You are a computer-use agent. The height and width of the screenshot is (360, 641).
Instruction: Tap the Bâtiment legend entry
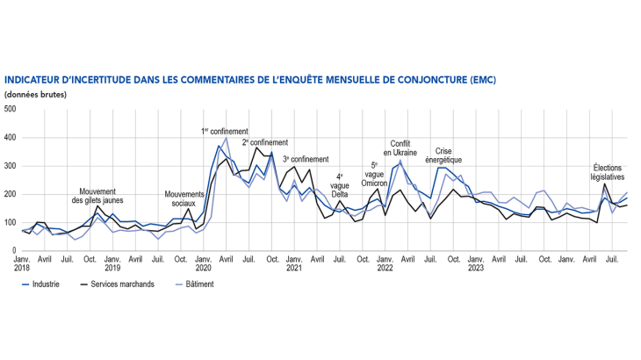pos(199,284)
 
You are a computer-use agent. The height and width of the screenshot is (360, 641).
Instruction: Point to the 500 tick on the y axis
pos(10,110)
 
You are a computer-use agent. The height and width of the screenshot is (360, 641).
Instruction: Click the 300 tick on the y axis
pos(10,166)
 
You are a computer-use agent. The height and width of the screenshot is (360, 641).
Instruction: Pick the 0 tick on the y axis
pos(13,251)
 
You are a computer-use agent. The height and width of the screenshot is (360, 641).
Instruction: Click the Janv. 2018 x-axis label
pos(22,264)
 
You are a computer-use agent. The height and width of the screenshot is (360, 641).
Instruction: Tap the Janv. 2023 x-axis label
pos(475,264)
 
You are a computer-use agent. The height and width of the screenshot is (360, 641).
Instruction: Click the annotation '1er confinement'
pos(225,132)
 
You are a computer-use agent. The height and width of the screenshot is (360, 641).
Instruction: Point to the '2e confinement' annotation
pos(264,142)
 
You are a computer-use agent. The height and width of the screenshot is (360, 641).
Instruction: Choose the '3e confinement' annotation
pos(306,159)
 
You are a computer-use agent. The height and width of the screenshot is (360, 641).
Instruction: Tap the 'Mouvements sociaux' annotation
pos(184,199)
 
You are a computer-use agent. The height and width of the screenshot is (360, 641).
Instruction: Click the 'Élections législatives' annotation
pos(609,171)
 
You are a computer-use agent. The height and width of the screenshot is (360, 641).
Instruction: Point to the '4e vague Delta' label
pos(340,185)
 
